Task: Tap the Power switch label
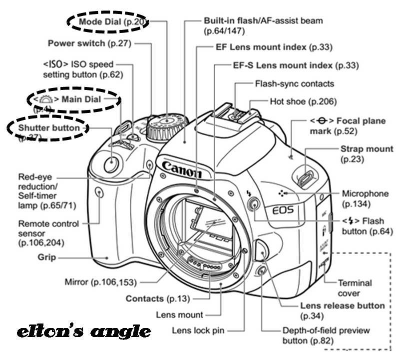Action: (x=89, y=43)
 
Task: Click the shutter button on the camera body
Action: (x=110, y=163)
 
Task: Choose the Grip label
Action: (x=46, y=257)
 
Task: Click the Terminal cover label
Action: (x=356, y=287)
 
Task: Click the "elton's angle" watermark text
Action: (x=83, y=331)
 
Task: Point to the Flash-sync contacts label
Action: (x=294, y=83)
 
